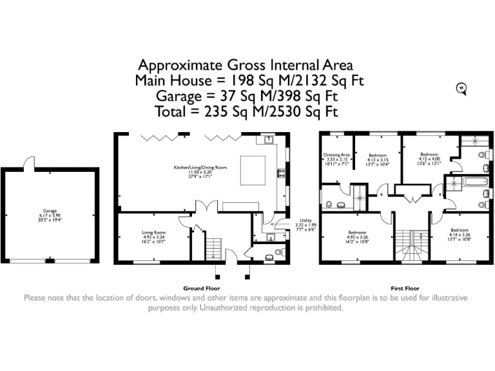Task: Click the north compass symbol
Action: [461, 89]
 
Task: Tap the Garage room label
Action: [50, 211]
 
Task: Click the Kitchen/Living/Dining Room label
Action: [200, 167]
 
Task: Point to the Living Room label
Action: [154, 232]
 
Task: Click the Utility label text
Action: [306, 220]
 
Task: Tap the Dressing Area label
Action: [336, 155]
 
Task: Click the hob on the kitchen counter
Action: [282, 172]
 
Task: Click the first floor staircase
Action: [411, 245]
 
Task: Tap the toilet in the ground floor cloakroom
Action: [278, 252]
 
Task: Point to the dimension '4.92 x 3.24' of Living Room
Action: [154, 236]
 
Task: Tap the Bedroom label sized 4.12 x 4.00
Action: [429, 155]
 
